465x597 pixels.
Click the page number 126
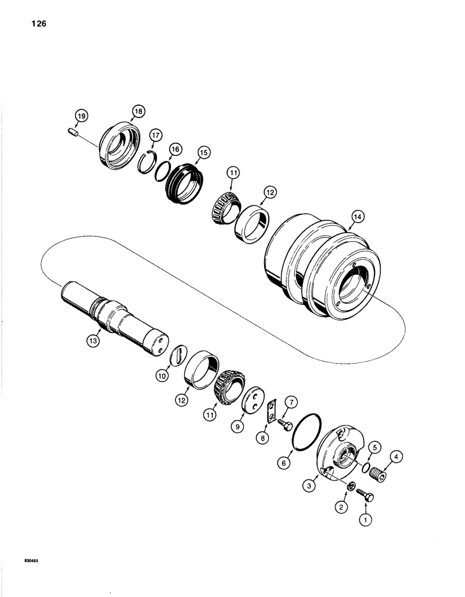click(x=35, y=24)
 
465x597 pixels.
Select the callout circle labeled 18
click(x=139, y=112)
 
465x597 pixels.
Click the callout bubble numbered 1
click(x=363, y=520)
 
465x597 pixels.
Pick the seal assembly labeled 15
click(x=184, y=177)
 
